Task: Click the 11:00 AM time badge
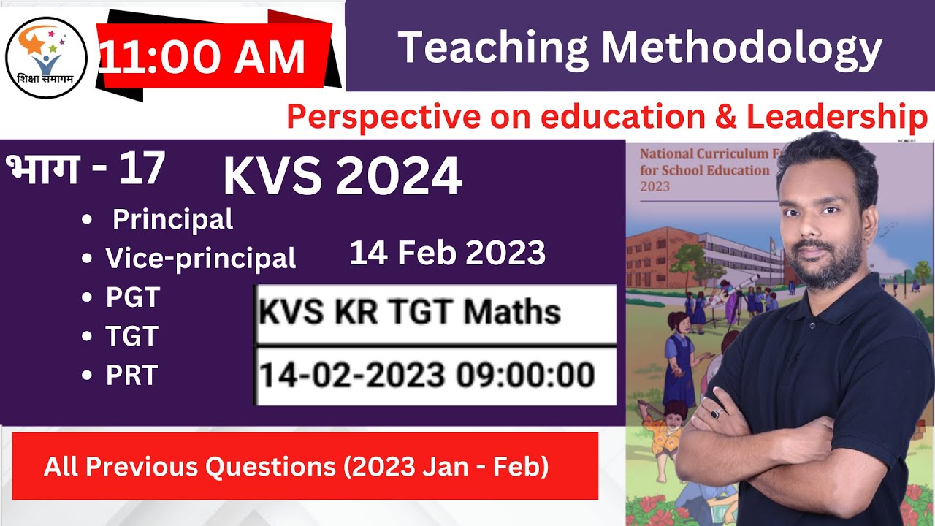click(x=203, y=58)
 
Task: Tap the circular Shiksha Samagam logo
click(x=46, y=58)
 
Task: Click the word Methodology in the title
click(x=741, y=48)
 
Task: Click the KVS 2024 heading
click(x=342, y=177)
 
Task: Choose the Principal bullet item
click(x=172, y=219)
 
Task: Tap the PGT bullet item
click(x=132, y=297)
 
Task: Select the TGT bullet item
click(x=131, y=336)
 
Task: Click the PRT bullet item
click(x=131, y=375)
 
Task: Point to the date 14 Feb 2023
click(x=447, y=254)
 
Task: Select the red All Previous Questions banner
click(x=305, y=466)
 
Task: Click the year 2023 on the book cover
click(x=654, y=186)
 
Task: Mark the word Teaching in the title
click(x=493, y=48)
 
